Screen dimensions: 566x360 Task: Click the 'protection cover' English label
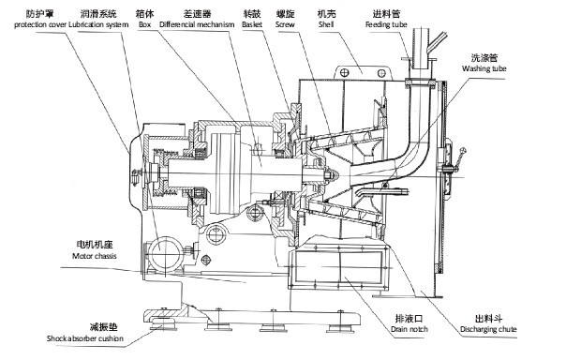[40, 25]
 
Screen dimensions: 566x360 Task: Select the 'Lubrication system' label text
[98, 25]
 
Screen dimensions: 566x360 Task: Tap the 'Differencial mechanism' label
[197, 24]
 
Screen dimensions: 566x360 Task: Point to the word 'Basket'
[252, 24]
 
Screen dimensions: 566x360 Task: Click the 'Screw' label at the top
[285, 24]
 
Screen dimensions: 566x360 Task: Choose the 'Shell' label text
[326, 24]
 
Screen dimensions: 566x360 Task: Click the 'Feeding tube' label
[386, 24]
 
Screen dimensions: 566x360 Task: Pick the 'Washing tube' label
[484, 68]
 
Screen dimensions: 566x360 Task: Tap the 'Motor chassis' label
[95, 256]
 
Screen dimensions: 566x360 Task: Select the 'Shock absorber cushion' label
[85, 338]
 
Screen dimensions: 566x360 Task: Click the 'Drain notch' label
[410, 329]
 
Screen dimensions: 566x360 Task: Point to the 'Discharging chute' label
[488, 329]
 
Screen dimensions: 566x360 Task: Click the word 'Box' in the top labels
[144, 24]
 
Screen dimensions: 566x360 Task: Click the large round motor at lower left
[165, 254]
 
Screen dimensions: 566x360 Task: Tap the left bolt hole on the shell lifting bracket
[345, 73]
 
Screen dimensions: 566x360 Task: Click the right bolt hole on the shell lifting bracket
[381, 73]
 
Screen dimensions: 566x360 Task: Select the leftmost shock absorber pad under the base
[163, 325]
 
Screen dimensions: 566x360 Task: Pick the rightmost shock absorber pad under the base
[340, 328]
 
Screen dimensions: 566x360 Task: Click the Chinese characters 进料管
[386, 14]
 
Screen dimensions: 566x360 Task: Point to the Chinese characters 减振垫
[104, 327]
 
